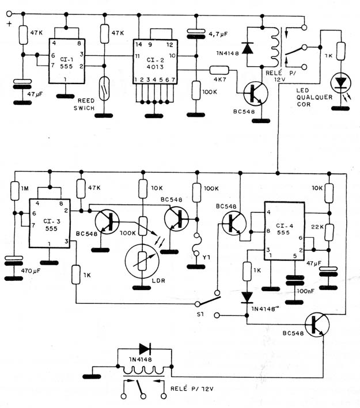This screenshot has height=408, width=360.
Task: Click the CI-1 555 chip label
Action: point(66,63)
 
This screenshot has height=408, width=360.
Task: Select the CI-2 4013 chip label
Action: point(155,63)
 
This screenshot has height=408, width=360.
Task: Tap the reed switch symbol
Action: point(104,89)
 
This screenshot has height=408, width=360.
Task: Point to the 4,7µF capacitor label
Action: point(218,33)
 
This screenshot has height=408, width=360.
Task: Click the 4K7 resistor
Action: point(219,70)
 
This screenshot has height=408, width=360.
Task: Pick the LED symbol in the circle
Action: point(340,83)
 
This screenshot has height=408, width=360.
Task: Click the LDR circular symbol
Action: point(142,261)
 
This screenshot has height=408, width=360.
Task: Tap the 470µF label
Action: point(31,270)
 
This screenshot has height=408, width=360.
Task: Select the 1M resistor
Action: point(15,191)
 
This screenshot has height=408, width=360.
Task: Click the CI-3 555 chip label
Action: point(52,225)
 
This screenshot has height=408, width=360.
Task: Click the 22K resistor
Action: point(329,232)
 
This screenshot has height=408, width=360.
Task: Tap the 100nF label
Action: point(305,291)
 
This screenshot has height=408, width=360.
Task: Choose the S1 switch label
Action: point(200,314)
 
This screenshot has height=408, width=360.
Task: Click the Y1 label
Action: point(206,257)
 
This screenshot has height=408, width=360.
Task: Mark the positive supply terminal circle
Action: point(9,13)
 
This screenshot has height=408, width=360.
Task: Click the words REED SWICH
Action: point(84,104)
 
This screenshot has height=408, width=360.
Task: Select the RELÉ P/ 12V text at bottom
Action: point(192,389)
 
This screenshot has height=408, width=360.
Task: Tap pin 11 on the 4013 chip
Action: point(137,56)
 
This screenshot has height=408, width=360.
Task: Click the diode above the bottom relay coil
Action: point(145,349)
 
